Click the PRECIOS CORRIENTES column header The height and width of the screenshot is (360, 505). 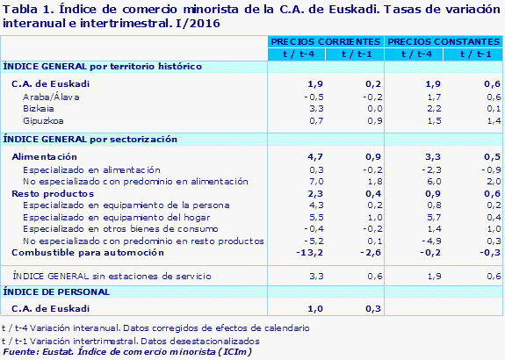[x=326, y=41]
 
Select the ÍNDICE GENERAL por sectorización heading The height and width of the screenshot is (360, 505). [x=90, y=139]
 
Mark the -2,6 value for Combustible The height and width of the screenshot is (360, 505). [x=372, y=252]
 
